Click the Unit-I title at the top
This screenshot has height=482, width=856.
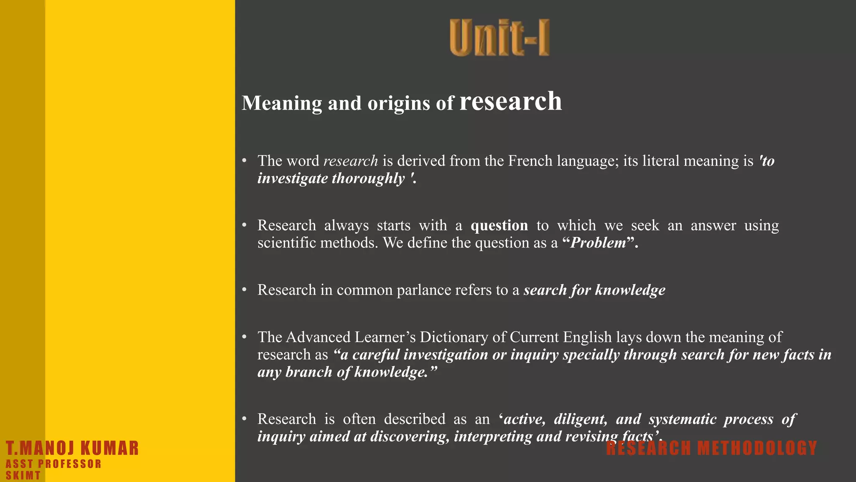pyautogui.click(x=499, y=38)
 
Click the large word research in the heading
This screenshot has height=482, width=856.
pyautogui.click(x=511, y=101)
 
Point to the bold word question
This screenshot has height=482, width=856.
pyautogui.click(x=499, y=226)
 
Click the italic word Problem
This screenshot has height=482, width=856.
pyautogui.click(x=598, y=243)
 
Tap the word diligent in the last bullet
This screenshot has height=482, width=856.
pyautogui.click(x=581, y=419)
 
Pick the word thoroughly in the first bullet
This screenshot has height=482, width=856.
pyautogui.click(x=368, y=179)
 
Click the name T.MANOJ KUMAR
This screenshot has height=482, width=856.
pyautogui.click(x=72, y=448)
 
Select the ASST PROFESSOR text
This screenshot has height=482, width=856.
pyautogui.click(x=53, y=464)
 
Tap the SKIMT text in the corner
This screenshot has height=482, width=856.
pyautogui.click(x=23, y=476)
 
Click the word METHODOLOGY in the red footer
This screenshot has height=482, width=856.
pyautogui.click(x=757, y=449)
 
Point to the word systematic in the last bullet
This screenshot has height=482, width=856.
pyautogui.click(x=683, y=419)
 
